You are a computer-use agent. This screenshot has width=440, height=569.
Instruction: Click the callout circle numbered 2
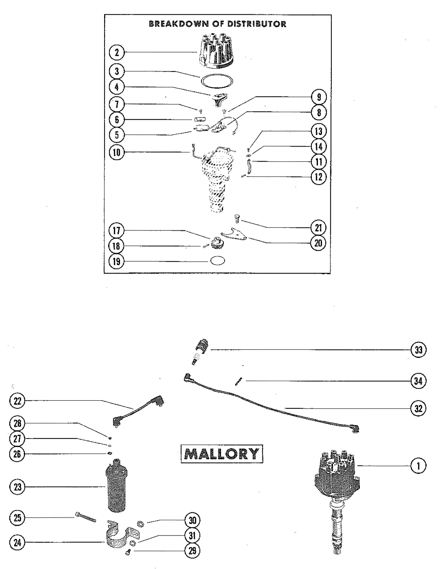coord(117,53)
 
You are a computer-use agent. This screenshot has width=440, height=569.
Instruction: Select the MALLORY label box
coord(222,454)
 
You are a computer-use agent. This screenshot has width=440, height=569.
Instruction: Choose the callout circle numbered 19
coord(117,261)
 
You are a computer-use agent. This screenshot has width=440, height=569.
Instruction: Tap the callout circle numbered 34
coord(418,381)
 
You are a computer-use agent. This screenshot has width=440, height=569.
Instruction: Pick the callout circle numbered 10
coord(117,152)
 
